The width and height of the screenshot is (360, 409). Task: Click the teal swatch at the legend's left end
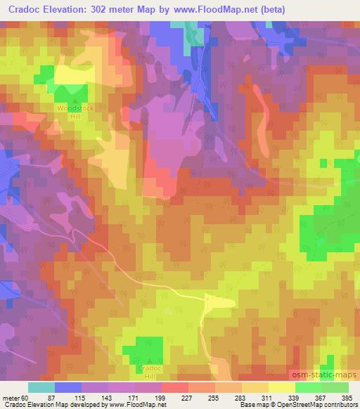tap(41, 387)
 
